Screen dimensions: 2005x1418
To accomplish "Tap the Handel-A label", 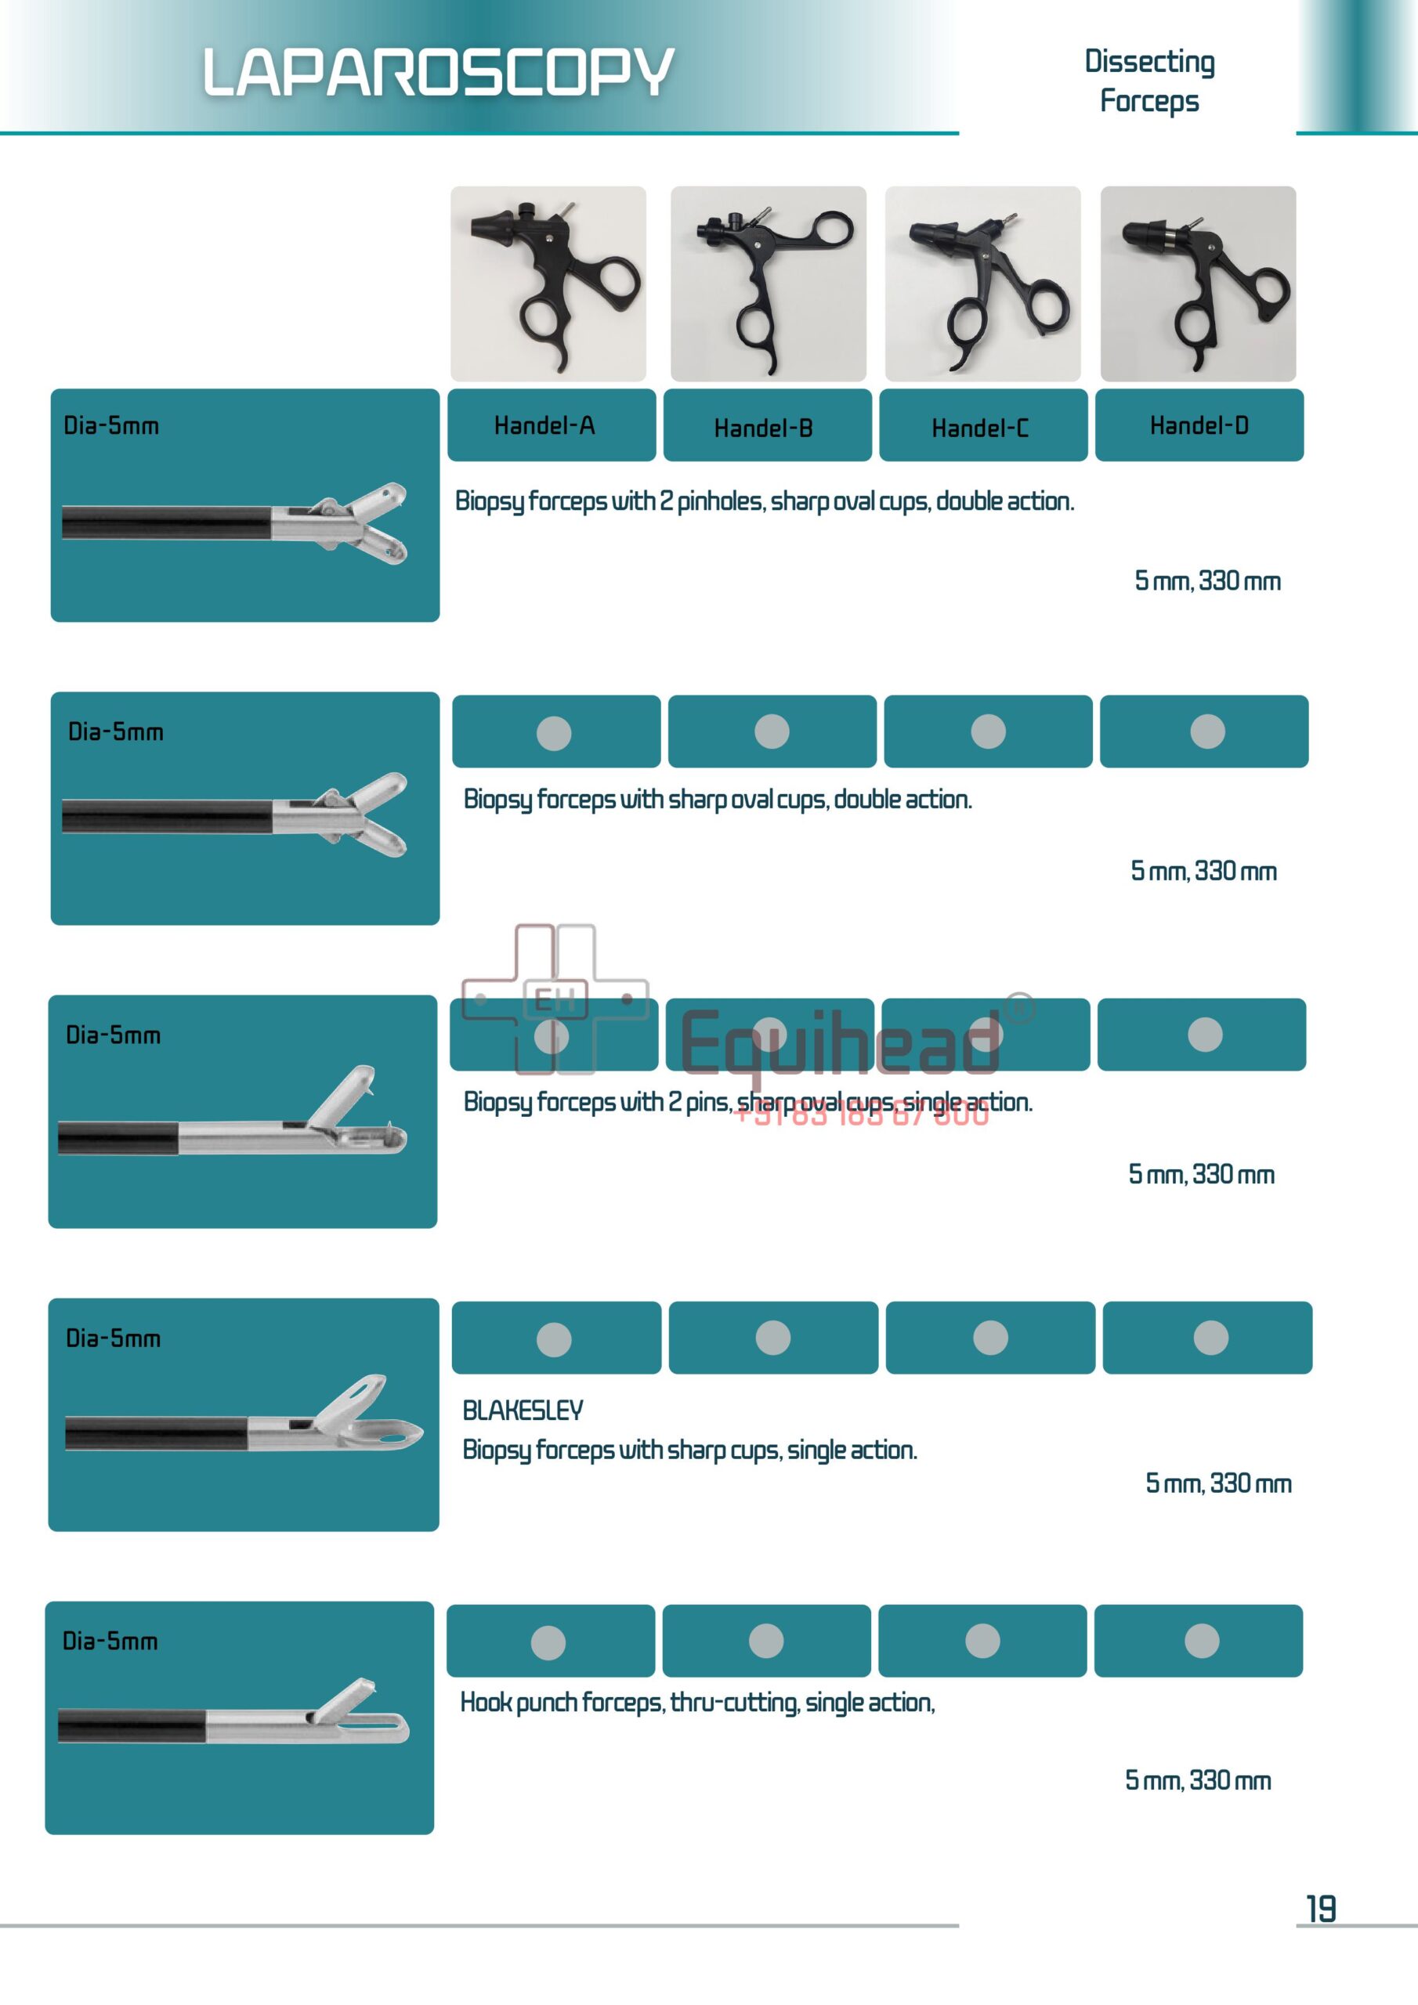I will pos(544,425).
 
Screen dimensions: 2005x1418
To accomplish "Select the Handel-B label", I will pos(764,428).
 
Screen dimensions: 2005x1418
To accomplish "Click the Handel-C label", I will pos(979,428).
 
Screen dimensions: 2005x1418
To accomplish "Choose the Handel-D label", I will pos(1199,425).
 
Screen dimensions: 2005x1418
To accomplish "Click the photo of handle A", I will pos(548,284).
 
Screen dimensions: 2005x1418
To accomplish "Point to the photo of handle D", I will pos(1198,284).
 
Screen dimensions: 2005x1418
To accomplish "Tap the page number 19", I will pos(1320,1909).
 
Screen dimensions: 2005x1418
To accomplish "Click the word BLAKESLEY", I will pos(523,1411).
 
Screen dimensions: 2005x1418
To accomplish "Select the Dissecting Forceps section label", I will pos(1149,81).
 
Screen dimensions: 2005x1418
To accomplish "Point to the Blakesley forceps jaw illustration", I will pos(367,1414).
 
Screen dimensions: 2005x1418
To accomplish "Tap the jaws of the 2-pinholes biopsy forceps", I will pos(367,522).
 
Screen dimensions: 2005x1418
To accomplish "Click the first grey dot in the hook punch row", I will pos(548,1642).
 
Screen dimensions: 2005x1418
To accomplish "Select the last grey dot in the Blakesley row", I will pos(1210,1338).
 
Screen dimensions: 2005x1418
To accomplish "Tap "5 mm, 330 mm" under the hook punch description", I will pos(1198,1779).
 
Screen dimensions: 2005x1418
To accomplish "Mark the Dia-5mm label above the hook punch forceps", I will pos(110,1641).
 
